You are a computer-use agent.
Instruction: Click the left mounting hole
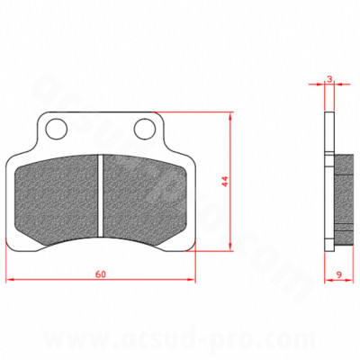click(57, 130)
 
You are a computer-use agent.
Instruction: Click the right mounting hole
click(145, 130)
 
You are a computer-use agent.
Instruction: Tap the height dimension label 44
click(226, 180)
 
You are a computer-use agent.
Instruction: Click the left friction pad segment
click(58, 193)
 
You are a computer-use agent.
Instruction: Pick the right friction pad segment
click(147, 193)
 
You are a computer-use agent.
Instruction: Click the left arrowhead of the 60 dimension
click(10, 280)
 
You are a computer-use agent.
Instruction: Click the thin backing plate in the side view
click(325, 180)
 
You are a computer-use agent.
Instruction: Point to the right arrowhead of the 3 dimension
click(334, 87)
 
